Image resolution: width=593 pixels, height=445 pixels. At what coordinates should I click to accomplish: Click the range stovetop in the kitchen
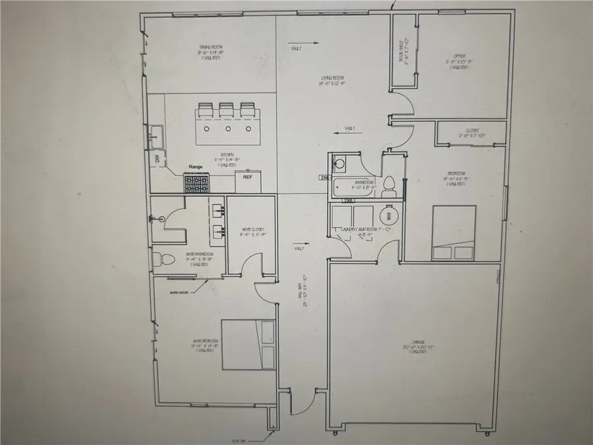pyautogui.click(x=196, y=182)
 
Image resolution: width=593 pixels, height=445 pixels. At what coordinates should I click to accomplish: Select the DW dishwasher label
pyautogui.click(x=157, y=159)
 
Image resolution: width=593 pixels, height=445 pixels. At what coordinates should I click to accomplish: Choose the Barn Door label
pyautogui.click(x=179, y=292)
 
